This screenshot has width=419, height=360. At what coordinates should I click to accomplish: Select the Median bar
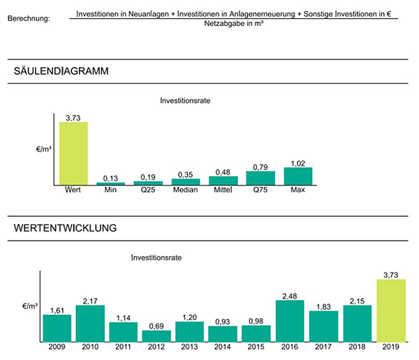click(186, 181)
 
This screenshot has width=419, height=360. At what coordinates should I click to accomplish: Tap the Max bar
click(298, 176)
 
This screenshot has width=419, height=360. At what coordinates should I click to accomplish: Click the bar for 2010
click(90, 323)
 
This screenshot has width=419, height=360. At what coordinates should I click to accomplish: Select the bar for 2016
click(291, 321)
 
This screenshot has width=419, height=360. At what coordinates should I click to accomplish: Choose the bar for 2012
click(156, 336)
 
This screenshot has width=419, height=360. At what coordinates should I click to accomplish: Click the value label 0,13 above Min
click(110, 177)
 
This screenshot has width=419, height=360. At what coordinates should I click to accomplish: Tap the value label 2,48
click(291, 296)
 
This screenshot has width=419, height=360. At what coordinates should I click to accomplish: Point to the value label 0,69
click(156, 325)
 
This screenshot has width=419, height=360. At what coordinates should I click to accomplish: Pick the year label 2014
click(223, 347)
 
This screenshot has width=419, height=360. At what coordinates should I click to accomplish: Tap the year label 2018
click(357, 347)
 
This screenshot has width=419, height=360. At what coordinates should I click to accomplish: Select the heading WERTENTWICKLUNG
click(65, 227)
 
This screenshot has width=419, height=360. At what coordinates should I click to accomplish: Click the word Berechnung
click(28, 17)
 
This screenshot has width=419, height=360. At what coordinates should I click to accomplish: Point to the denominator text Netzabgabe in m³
click(233, 24)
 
